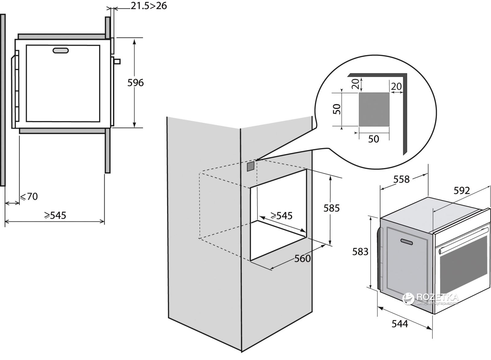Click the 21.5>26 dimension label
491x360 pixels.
click(149, 6)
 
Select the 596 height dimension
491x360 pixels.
click(135, 82)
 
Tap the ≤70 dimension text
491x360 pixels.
click(29, 196)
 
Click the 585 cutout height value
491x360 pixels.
click(332, 208)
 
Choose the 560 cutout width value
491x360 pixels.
click(303, 259)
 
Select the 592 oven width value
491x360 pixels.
click(462, 191)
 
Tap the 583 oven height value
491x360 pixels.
click(360, 252)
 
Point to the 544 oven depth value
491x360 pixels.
click(400, 324)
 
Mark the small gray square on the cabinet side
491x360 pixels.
click(250, 166)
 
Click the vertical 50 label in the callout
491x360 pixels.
click(337, 109)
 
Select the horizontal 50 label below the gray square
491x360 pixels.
click(373, 139)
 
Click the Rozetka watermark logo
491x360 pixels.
click(430, 297)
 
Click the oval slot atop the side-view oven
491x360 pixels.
click(61, 51)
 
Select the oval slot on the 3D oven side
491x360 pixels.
click(407, 242)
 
